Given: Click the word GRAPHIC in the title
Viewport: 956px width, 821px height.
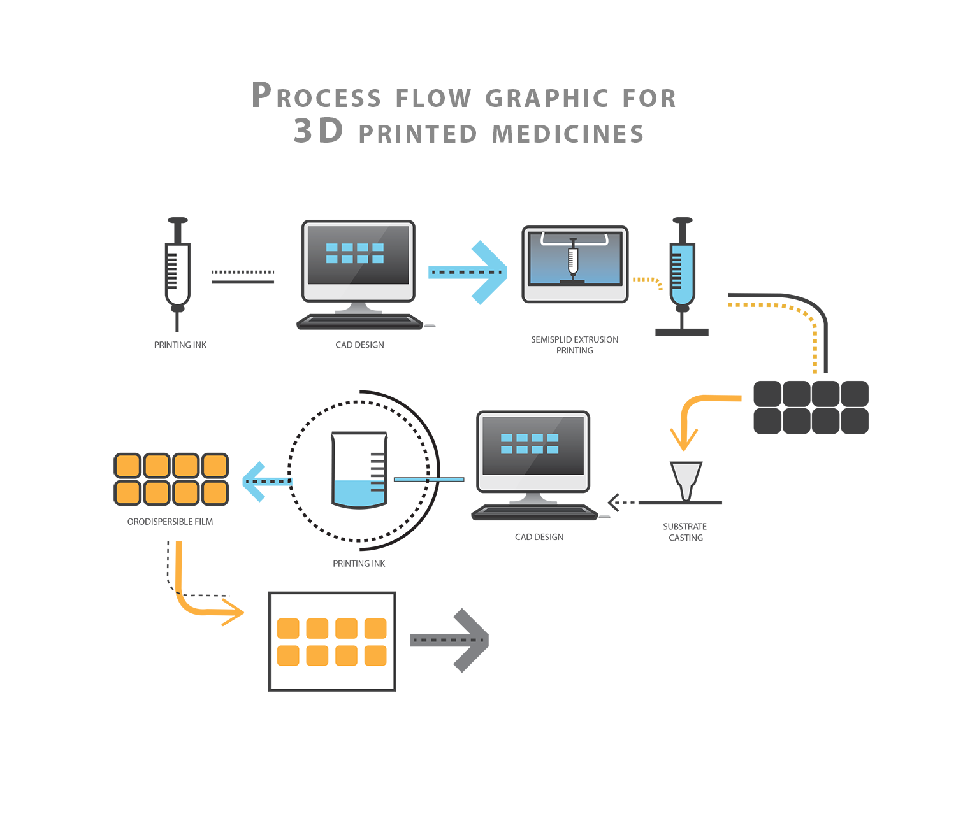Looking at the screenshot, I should [x=547, y=98].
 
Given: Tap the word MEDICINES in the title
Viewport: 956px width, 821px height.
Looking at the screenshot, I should [x=568, y=134].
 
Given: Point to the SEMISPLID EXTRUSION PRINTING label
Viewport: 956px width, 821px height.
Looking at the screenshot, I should [x=574, y=345].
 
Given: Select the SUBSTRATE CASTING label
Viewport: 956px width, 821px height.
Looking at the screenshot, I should [x=685, y=532].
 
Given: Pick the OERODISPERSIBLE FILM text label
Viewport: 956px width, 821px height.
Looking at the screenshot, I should [x=170, y=522].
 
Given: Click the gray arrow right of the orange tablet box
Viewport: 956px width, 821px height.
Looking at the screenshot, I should [x=451, y=640].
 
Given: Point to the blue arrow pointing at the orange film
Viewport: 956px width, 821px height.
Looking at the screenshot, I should [x=264, y=482].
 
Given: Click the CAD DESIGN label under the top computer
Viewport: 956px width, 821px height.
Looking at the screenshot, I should [x=359, y=345].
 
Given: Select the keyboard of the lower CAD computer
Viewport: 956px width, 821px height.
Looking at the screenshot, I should [x=534, y=512].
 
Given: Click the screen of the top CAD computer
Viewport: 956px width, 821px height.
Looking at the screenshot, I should [x=358, y=255].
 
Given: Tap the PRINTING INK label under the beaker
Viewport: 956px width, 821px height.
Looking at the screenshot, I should [x=359, y=564].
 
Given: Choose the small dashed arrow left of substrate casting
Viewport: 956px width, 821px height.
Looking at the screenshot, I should [x=621, y=503].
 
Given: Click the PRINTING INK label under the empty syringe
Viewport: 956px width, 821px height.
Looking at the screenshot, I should [x=180, y=345].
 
